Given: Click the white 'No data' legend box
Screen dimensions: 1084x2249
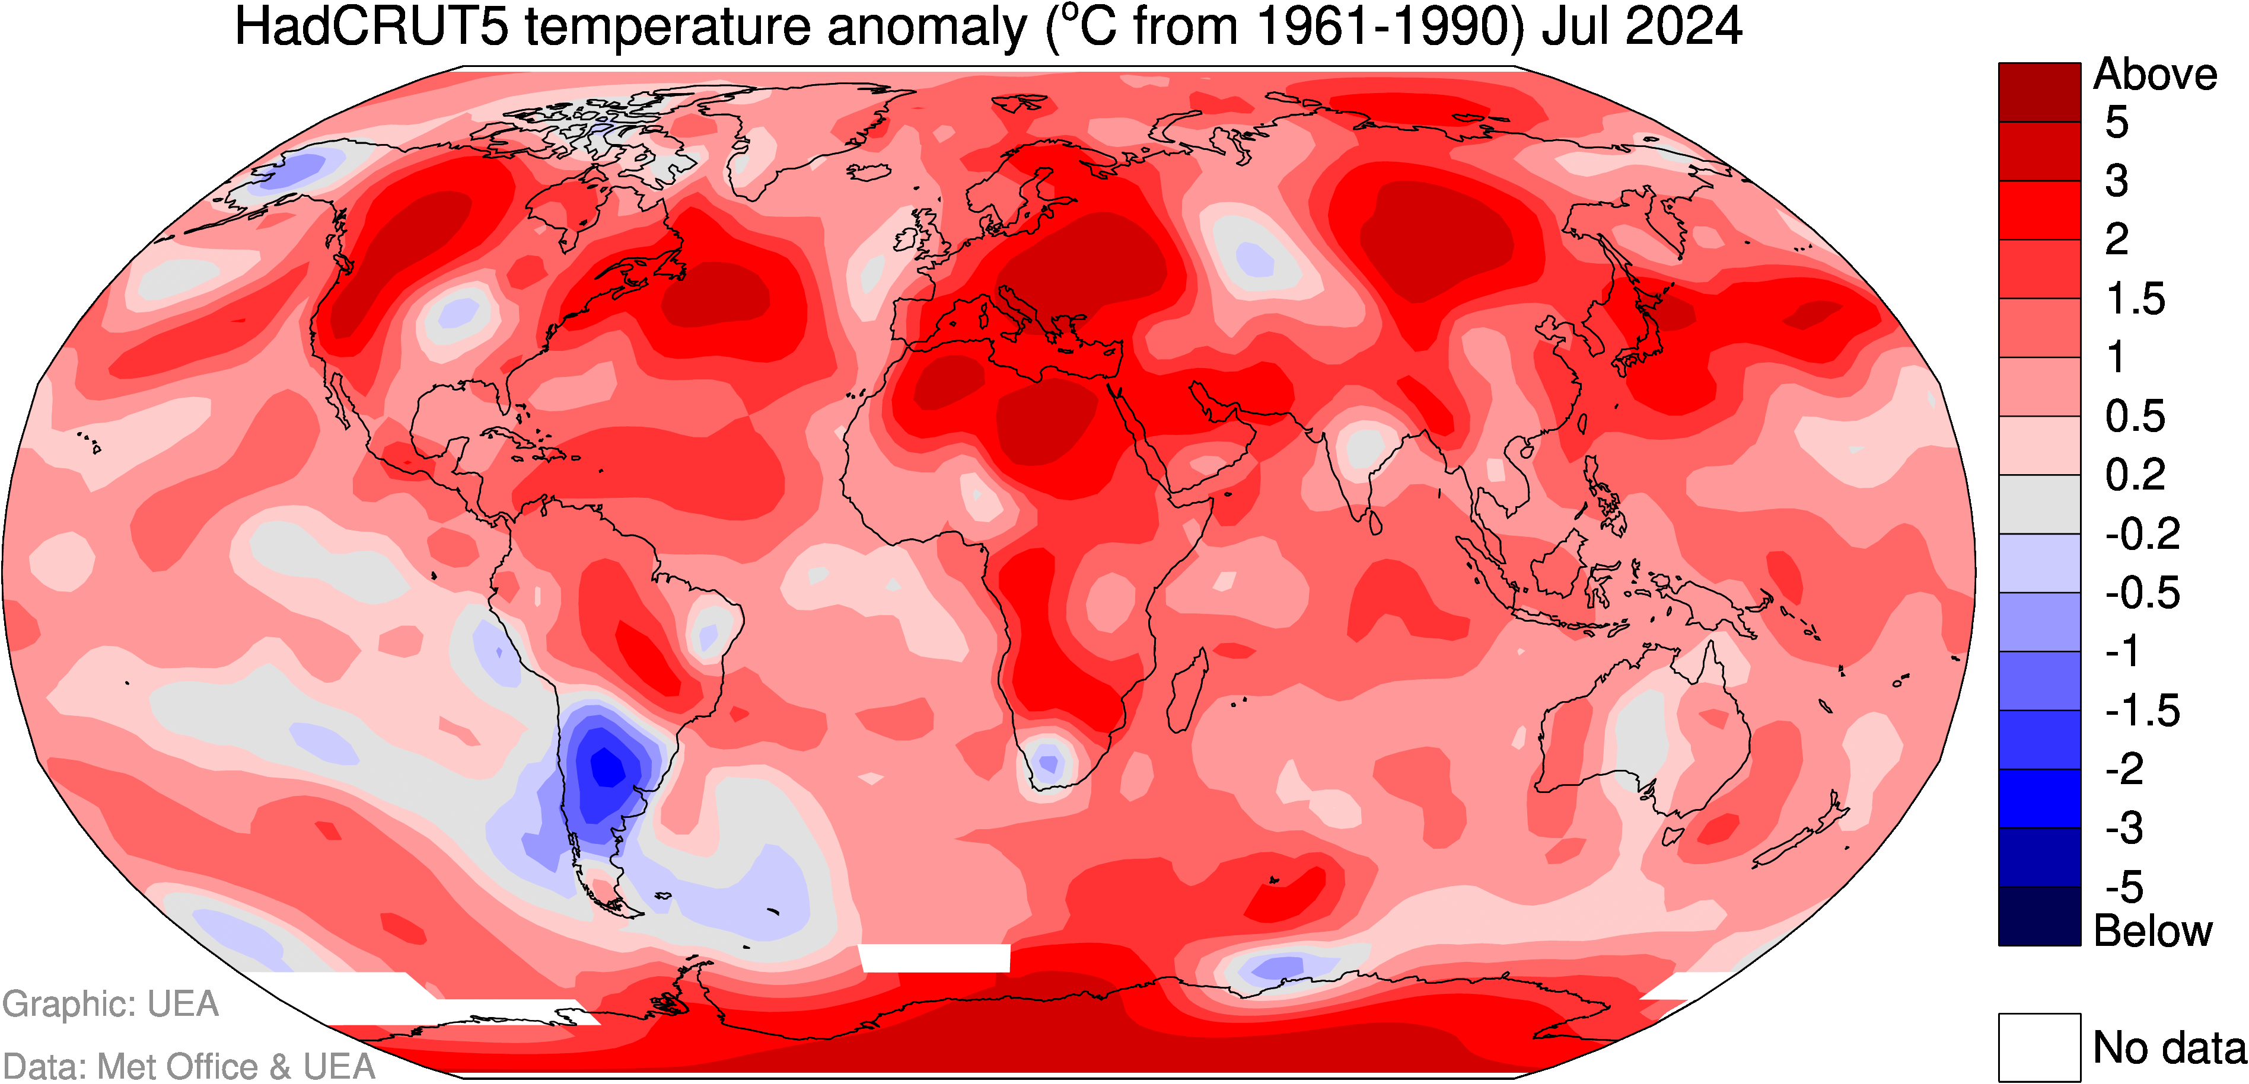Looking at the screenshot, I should click(2040, 1047).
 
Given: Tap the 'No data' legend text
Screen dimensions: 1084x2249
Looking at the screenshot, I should click(2170, 1047).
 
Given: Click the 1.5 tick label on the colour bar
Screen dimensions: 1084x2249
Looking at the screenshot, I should click(2136, 299).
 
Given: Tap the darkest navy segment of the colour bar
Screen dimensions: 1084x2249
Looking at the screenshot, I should click(2040, 916).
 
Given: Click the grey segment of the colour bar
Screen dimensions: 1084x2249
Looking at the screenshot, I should click(2040, 504).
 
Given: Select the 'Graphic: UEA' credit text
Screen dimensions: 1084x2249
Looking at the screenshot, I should click(110, 1005).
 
